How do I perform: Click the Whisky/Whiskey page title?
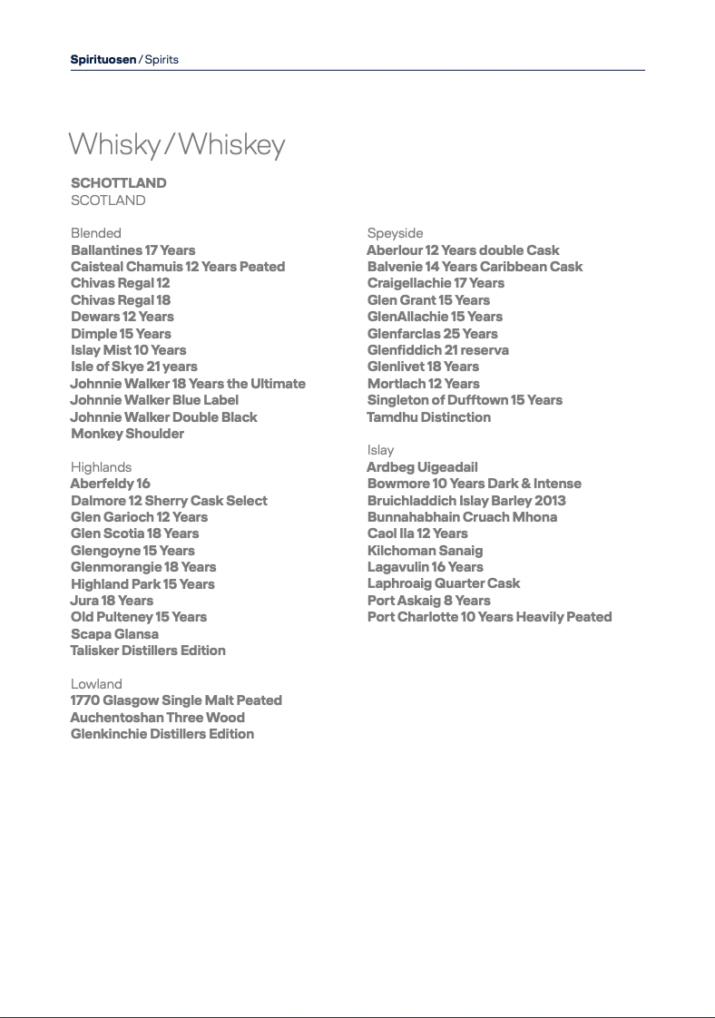coord(177,145)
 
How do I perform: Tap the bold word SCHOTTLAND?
coord(119,183)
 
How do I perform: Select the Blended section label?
coord(96,233)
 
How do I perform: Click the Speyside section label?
coord(395,233)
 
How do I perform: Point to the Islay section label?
coord(380,450)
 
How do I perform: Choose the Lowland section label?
coord(96,684)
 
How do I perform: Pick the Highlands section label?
coord(101,467)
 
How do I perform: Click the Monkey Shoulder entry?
coord(127,434)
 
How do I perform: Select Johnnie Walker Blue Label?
coord(154,400)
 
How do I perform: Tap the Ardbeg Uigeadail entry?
coord(422,467)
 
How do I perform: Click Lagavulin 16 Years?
coord(426,567)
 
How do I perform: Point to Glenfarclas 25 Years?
coord(432,334)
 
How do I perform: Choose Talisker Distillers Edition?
coord(148,651)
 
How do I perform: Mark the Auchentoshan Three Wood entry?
coord(157,718)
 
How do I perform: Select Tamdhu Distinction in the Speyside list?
coord(428,417)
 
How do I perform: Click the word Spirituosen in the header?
coord(103,60)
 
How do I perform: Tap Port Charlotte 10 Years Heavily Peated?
coord(489,617)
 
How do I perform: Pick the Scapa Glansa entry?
coord(114,634)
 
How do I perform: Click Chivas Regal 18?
coord(121,300)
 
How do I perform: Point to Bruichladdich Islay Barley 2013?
coord(466,501)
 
